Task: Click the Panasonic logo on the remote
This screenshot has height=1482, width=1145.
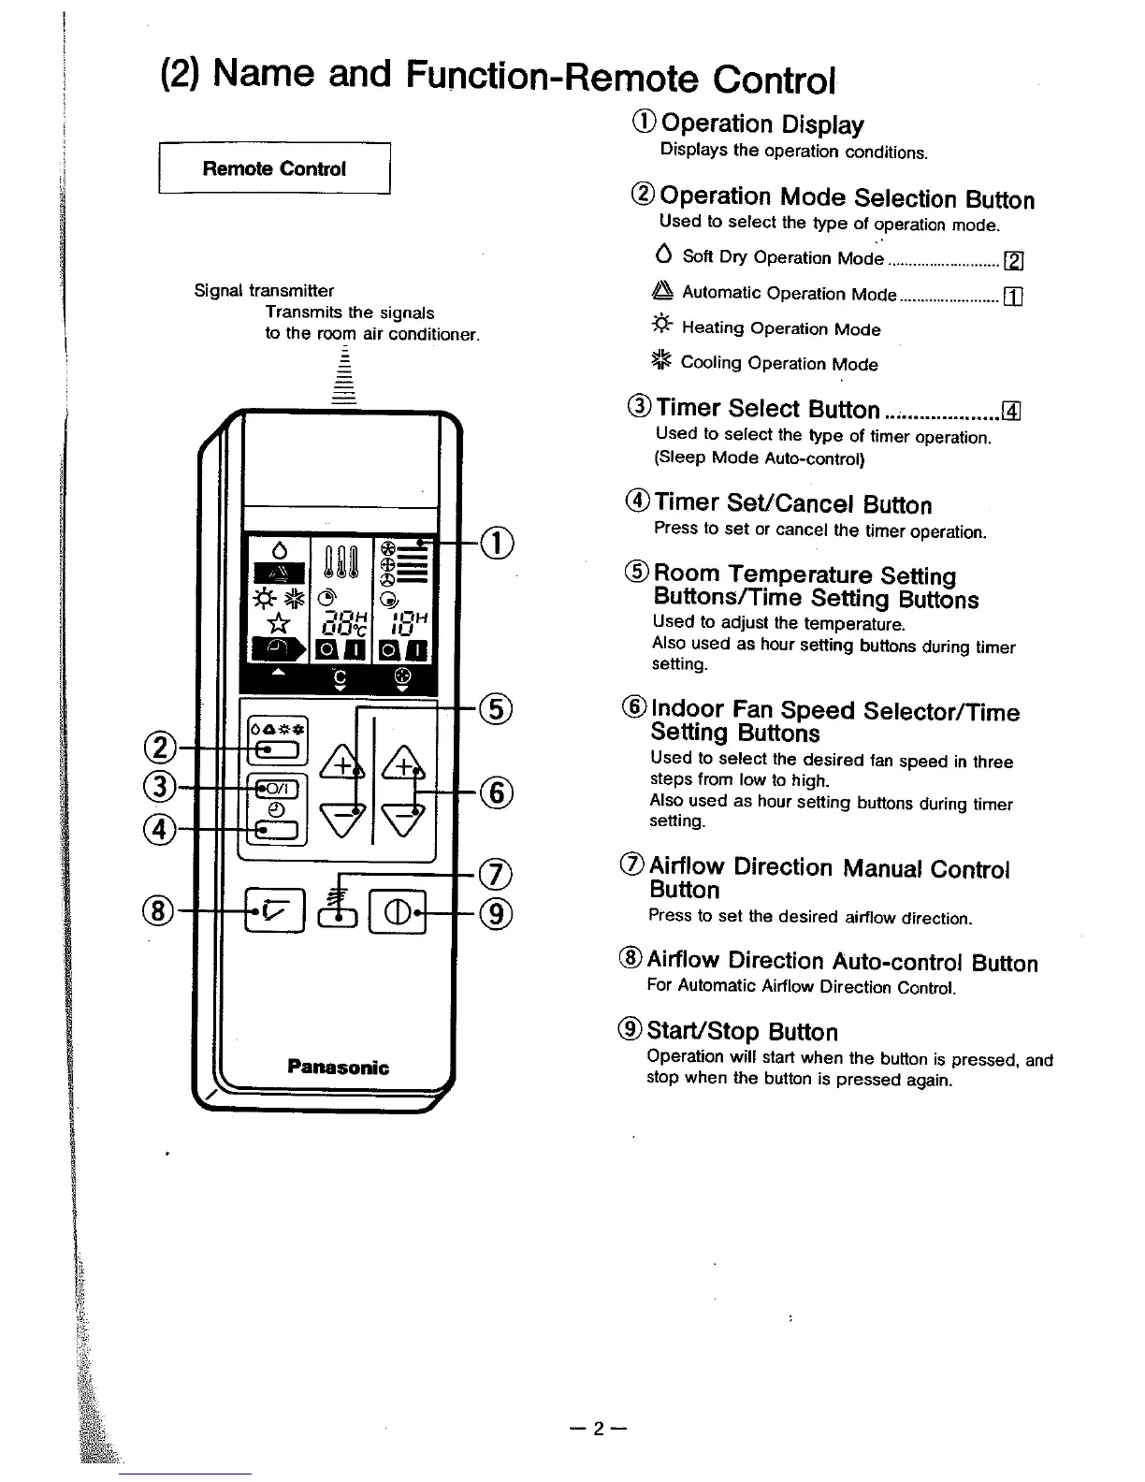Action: [x=338, y=1068]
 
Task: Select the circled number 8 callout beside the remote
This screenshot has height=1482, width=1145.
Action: [x=158, y=908]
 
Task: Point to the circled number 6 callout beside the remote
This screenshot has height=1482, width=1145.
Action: [x=497, y=792]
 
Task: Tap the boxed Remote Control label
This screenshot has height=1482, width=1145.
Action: [x=274, y=168]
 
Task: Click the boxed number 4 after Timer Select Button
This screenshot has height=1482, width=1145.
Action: [x=1011, y=410]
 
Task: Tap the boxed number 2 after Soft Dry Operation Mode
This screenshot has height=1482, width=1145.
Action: [x=1011, y=259]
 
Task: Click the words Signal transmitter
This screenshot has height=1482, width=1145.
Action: [x=264, y=291]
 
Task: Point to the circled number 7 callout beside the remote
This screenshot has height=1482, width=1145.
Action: [x=497, y=874]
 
